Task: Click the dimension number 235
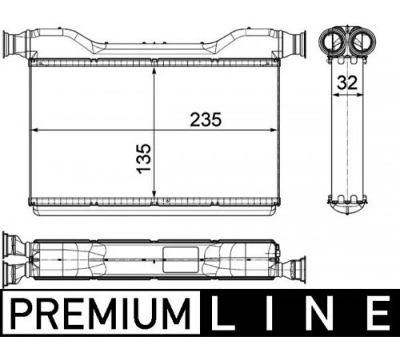pos(206,119)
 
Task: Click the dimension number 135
pos(145,158)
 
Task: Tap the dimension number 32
pos(347,82)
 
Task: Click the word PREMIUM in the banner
pos(102,314)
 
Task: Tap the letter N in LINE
pos(320,314)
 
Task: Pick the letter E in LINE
pos(378,314)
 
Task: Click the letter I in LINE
pos(268,314)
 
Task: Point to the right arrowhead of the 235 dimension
pos(274,130)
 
